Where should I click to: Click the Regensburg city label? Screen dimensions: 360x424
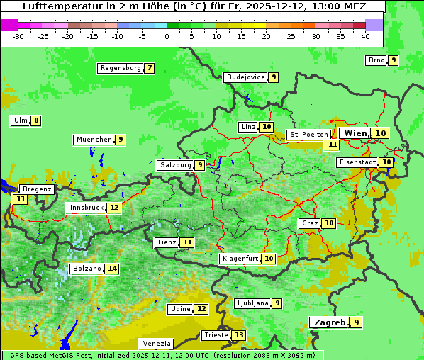coord(120,68)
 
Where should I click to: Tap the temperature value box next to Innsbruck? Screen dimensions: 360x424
coord(114,208)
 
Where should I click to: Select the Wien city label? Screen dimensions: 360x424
coord(355,133)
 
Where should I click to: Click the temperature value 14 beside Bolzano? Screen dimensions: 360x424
coord(112,269)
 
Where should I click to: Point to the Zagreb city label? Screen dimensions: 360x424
coord(328,322)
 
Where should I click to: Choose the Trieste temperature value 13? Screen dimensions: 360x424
coord(239,335)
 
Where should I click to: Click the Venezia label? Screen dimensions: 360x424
coord(156,344)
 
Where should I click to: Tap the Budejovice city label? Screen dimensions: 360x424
coord(245,77)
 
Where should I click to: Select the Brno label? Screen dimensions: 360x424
coord(376,60)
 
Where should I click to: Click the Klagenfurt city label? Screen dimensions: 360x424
coord(239,259)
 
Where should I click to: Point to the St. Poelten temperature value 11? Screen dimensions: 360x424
coord(332,145)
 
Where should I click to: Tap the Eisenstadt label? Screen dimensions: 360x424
coord(357,162)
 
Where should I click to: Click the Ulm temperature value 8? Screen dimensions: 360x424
coord(36,120)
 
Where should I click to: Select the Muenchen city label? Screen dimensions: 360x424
coord(94,140)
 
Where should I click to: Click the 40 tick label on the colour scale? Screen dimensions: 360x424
coord(365,36)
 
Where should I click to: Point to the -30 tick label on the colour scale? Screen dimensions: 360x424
coord(18,36)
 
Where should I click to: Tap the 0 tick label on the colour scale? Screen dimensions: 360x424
coord(167,36)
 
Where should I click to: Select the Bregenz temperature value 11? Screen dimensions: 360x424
coord(20,199)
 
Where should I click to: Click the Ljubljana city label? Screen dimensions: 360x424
coord(252,303)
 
